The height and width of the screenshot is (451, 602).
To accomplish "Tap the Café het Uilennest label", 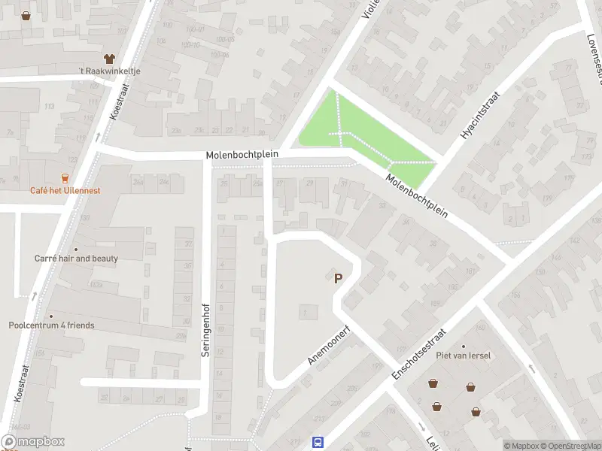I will [65, 190].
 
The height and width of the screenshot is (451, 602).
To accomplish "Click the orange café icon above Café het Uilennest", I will [65, 178].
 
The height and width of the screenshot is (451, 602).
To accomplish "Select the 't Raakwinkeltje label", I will [110, 71].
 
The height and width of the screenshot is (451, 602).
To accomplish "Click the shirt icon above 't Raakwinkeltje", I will [109, 58].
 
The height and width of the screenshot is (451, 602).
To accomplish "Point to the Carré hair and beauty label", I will [76, 258].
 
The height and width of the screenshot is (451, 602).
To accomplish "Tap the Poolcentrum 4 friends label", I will [52, 325].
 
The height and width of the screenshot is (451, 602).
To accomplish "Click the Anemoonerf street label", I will [326, 345].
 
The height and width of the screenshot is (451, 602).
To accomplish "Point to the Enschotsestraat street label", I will [419, 353].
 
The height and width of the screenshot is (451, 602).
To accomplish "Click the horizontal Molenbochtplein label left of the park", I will [242, 154].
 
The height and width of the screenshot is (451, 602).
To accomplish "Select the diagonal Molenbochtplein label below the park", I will [416, 197].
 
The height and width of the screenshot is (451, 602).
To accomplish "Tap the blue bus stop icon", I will [318, 443].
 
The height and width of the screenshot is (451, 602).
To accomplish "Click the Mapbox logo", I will [33, 442].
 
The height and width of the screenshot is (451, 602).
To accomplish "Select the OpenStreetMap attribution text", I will [570, 446].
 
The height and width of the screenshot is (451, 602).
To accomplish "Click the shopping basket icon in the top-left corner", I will [26, 15].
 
